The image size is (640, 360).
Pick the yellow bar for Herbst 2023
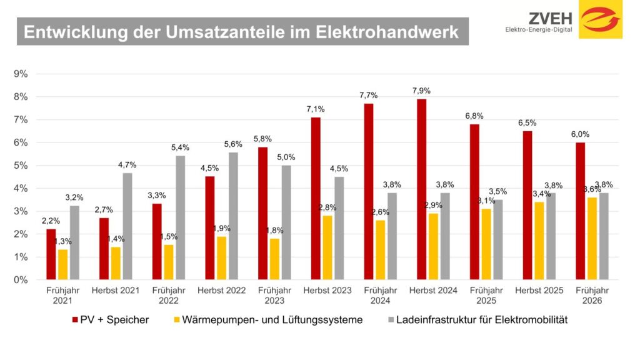pos(327,247)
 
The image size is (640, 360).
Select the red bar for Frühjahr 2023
pos(262,213)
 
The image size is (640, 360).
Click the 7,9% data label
pos(422,91)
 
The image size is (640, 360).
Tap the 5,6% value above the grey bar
pos(234,144)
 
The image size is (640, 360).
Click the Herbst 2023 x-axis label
pos(327,291)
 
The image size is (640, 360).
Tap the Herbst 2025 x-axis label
pos(539,291)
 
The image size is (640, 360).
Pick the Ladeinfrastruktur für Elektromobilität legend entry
pos(476,320)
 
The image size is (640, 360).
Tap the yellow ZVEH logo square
pos(600,19)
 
